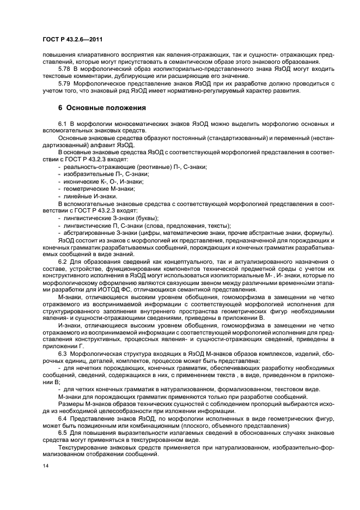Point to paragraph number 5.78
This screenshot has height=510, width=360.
coord(64,70)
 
